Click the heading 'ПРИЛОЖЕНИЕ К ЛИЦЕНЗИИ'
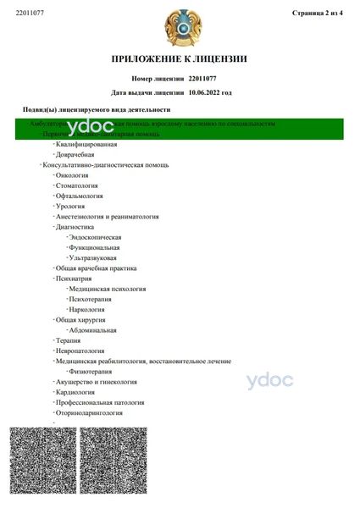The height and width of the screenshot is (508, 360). (x=180, y=59)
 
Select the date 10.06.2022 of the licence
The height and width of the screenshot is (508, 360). (x=210, y=92)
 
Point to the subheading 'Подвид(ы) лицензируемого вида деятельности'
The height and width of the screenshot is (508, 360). (x=97, y=110)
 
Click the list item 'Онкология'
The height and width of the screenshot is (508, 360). (x=77, y=174)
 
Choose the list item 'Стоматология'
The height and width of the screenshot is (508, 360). (x=81, y=185)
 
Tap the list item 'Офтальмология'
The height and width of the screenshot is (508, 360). (x=83, y=196)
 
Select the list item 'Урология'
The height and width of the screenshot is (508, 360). (x=75, y=206)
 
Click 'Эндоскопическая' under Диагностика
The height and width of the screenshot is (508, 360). (x=101, y=237)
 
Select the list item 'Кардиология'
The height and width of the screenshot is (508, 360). (x=80, y=392)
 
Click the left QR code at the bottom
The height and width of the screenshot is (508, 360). (x=42, y=464)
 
